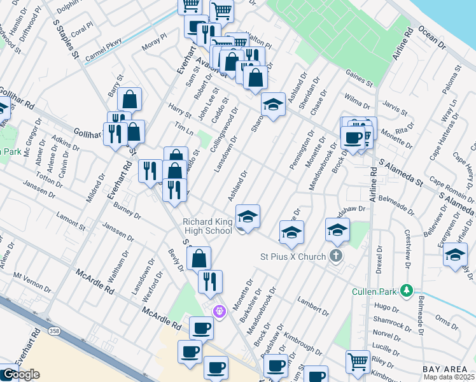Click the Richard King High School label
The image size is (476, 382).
pos(207,226)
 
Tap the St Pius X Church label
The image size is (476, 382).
pos(293,257)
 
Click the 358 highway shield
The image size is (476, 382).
pos(54,331)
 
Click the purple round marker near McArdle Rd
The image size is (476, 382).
pos(220,311)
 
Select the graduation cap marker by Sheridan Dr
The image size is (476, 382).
pos(273,104)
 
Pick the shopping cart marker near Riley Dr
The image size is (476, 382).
pos(358,362)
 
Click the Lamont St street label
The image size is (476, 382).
pos(71,220)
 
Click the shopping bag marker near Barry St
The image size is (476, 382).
pos(129,99)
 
